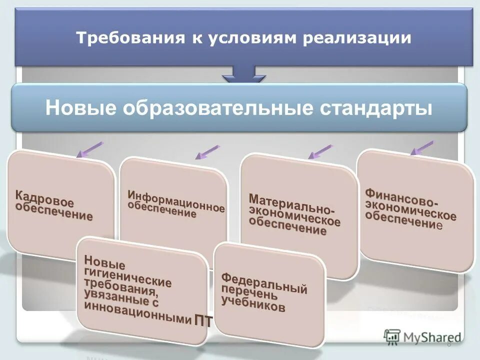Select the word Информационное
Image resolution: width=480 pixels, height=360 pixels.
click(x=176, y=200)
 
